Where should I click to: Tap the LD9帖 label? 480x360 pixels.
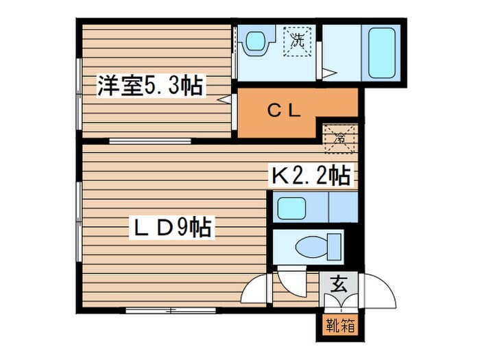tap(171, 226)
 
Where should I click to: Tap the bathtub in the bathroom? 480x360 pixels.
tap(383, 51)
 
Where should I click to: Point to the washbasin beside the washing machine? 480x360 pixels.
tap(256, 41)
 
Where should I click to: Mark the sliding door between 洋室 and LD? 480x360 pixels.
tap(149, 141)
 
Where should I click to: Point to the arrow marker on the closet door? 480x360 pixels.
tap(224, 99)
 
